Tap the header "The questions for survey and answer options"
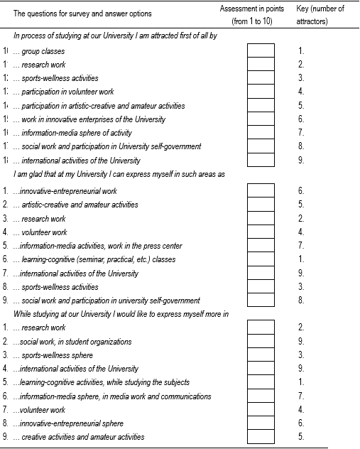pos(82,13)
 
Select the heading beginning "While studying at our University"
pos(120,314)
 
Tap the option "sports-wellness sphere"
pos(56,355)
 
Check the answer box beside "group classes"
pos(261,51)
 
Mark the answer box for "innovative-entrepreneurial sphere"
pos(261,423)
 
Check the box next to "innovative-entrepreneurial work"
pos(261,191)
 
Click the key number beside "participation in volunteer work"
pos(302,92)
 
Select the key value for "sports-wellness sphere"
pos(302,355)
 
